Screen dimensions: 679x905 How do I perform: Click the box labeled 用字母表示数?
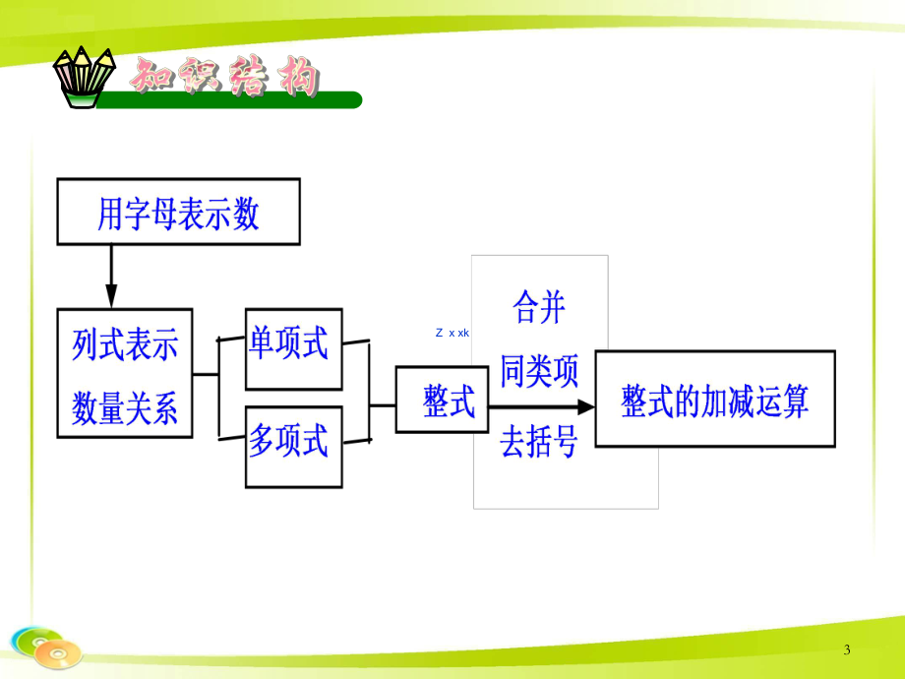point(178,212)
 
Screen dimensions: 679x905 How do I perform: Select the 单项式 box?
point(293,347)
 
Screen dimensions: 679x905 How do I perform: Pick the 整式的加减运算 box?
point(715,400)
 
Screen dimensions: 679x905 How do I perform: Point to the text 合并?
point(539,309)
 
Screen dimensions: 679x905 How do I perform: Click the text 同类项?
point(539,373)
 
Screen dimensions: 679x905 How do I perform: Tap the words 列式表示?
point(125,345)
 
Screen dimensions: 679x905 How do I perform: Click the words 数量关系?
point(125,408)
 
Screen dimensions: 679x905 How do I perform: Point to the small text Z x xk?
point(452,333)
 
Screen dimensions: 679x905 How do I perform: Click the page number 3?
point(848,649)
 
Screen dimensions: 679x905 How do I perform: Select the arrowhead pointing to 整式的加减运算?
point(586,405)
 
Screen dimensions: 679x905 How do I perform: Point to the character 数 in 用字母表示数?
point(247,213)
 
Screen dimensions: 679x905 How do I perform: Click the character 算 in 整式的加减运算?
point(794,401)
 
